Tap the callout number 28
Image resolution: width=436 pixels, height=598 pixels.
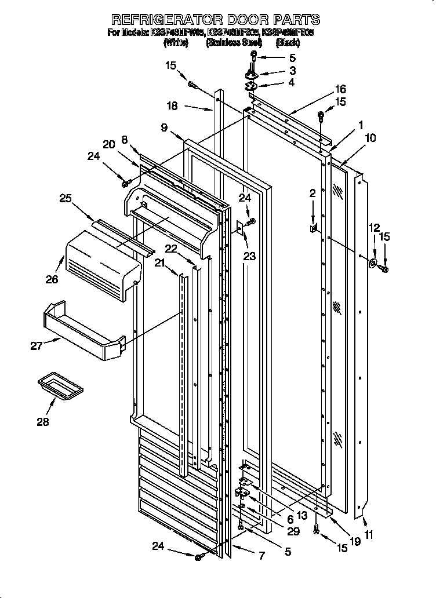(x=43, y=421)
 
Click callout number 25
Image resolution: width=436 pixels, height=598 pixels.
(x=67, y=198)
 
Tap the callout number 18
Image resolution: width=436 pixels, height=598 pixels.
(x=172, y=106)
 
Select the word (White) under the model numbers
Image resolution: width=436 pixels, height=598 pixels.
(x=176, y=43)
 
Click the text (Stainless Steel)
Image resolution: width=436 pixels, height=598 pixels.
(x=234, y=43)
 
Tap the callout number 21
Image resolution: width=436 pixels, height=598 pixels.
(x=159, y=264)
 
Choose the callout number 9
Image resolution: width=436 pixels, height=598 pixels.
(x=164, y=127)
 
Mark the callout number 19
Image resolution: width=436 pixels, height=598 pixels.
(x=355, y=542)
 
